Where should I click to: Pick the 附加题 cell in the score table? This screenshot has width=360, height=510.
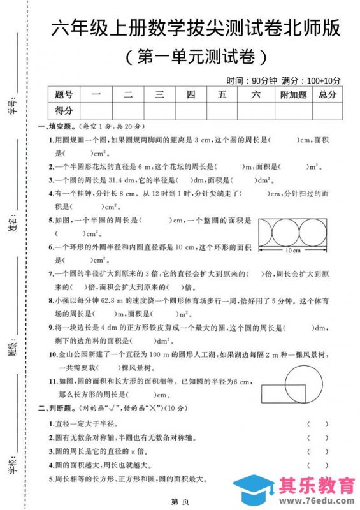point(293,95)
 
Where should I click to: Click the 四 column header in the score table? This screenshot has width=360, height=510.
point(191,95)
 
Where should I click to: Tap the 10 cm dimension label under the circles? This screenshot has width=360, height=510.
point(292,251)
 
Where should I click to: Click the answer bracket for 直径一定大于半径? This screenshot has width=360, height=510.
point(317,423)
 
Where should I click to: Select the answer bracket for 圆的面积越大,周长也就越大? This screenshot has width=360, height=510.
point(317,465)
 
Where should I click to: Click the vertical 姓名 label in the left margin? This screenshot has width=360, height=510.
point(13,223)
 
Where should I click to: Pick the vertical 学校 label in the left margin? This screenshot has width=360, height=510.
point(13,465)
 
